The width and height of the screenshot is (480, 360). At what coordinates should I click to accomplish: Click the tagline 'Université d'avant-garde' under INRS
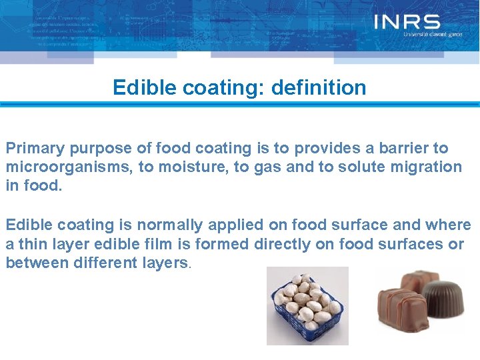[433, 34]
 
